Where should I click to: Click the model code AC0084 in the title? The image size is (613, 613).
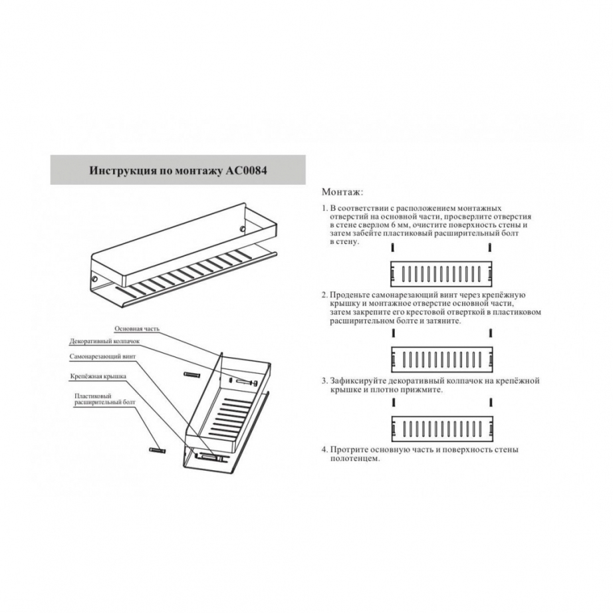246,171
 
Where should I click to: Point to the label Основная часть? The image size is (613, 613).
137,329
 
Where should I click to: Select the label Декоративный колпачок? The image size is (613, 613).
104,341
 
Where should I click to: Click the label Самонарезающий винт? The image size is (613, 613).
103,357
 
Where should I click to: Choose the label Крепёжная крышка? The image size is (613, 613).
98,376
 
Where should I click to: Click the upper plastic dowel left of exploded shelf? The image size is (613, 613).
192,374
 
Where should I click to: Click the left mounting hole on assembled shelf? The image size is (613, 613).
94,279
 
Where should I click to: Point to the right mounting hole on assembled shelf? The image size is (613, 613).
243,228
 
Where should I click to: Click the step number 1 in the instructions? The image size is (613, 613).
324,208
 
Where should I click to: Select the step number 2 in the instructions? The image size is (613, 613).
324,295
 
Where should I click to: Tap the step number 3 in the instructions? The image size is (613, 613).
324,381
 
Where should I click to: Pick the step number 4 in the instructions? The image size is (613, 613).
324,449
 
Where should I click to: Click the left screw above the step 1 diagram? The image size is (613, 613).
394,247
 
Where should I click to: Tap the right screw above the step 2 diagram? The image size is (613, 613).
490,334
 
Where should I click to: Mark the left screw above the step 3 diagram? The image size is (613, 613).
394,402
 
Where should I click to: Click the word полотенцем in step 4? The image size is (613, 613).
355,459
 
